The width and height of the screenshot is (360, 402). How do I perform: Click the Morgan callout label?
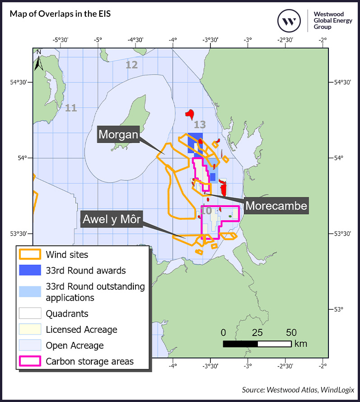tap(118, 135)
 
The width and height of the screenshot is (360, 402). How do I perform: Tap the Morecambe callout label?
tap(276, 206)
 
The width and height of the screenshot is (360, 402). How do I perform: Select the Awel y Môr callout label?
tap(111, 220)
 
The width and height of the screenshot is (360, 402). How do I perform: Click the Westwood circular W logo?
tap(289, 20)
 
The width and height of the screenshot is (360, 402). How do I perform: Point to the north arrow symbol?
tap(39, 61)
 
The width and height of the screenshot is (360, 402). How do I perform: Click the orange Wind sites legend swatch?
tap(30, 255)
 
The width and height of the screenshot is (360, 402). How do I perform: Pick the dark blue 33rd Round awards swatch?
tap(30, 270)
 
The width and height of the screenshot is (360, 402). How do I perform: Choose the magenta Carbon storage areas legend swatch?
tap(30, 361)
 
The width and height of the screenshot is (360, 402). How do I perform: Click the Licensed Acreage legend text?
tap(81, 330)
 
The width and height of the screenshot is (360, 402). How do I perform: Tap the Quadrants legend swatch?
tap(30, 313)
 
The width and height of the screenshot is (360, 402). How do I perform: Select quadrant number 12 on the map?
tap(131, 65)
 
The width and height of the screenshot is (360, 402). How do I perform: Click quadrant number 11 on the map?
tap(71, 108)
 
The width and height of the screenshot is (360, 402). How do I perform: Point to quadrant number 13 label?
tap(200, 125)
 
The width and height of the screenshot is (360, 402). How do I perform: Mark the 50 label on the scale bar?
tap(291, 333)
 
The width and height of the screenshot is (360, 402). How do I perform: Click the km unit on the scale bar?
tap(300, 344)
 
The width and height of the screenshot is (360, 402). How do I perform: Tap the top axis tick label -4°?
tap(173, 40)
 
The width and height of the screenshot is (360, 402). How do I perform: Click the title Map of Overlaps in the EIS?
tap(60, 14)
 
